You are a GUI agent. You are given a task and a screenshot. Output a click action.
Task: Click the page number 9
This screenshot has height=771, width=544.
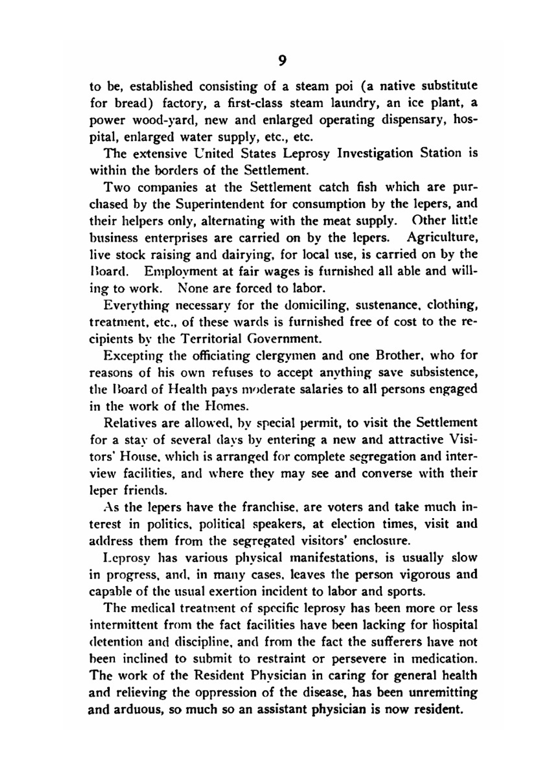coord(282,61)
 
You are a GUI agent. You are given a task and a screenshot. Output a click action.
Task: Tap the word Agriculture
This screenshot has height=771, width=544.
coord(442,238)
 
